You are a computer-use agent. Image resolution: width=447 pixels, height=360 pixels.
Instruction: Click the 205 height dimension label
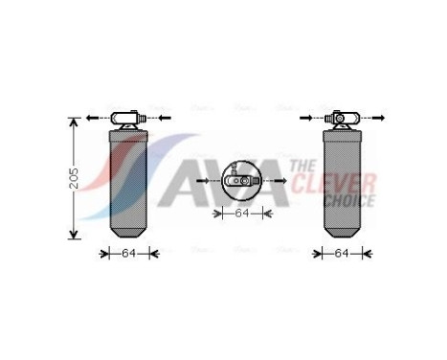(x=74, y=178)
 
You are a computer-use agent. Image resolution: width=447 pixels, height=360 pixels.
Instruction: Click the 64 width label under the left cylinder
(x=129, y=254)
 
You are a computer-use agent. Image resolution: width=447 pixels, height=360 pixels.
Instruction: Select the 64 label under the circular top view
(x=242, y=213)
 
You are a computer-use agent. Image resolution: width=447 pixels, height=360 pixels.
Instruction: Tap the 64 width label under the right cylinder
(x=342, y=254)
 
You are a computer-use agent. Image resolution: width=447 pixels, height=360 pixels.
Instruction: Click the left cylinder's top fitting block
(x=128, y=119)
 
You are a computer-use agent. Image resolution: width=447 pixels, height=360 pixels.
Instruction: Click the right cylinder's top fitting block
(x=343, y=119)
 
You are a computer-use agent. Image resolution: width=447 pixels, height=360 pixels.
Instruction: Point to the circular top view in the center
(x=242, y=181)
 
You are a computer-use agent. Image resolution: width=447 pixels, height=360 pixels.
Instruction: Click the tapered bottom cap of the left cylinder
(x=128, y=233)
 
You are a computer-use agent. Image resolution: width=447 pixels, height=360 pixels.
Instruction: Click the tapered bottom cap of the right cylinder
(x=343, y=233)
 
